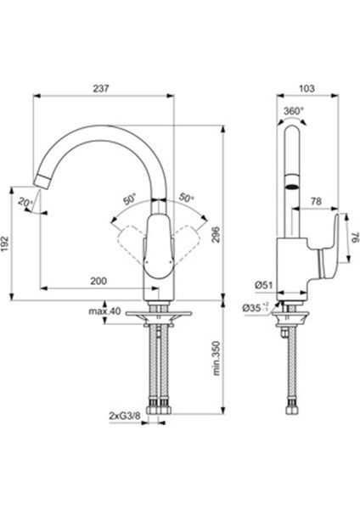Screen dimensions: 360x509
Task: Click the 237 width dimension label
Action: coord(101,88)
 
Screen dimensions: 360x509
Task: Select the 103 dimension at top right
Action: coord(307,88)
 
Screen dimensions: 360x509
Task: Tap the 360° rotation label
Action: coord(293,111)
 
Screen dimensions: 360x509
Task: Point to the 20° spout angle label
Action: coord(25,202)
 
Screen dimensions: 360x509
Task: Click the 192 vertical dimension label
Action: coord(6,243)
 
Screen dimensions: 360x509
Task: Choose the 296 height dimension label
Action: coord(216,234)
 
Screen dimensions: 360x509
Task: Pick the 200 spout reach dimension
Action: coord(98,281)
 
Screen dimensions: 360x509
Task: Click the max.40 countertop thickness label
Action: coord(104,311)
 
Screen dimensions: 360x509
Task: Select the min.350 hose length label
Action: coord(217,358)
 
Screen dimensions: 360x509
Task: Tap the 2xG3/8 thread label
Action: coord(125,416)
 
